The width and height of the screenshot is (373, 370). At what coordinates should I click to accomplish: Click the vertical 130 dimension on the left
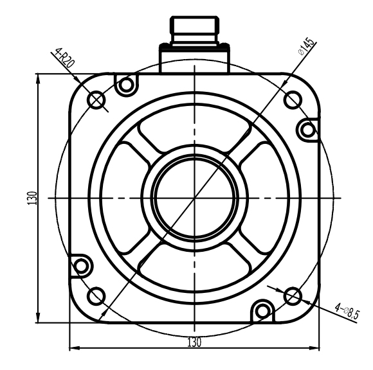pos(32,198)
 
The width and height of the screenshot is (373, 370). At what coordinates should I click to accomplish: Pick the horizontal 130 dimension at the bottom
pos(194,342)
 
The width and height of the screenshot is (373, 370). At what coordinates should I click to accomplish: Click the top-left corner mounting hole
pos(96,100)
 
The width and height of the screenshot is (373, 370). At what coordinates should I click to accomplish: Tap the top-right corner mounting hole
pos(293,99)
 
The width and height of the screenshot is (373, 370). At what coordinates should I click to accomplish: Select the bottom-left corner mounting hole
pos(96,295)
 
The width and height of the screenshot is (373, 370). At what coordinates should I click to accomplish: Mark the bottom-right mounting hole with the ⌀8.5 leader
pos(292,295)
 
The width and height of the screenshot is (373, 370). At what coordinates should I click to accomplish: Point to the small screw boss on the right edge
pos(308,130)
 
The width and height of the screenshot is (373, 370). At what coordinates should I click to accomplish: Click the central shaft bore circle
pos(194,197)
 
